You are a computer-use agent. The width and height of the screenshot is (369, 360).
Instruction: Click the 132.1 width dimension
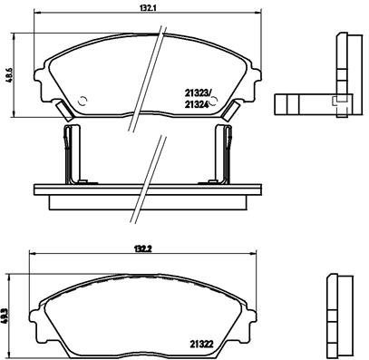(x=137, y=7)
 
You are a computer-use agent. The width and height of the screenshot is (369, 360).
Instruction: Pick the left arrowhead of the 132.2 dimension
(x=32, y=253)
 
